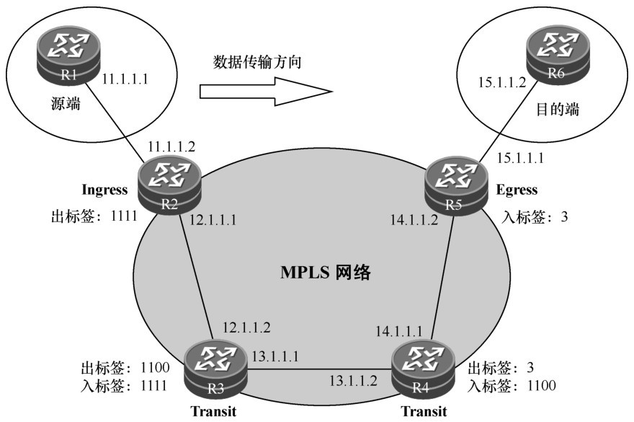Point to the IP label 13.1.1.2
point(353,379)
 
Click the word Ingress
point(104,190)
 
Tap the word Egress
point(517,190)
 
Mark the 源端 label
point(64,104)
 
